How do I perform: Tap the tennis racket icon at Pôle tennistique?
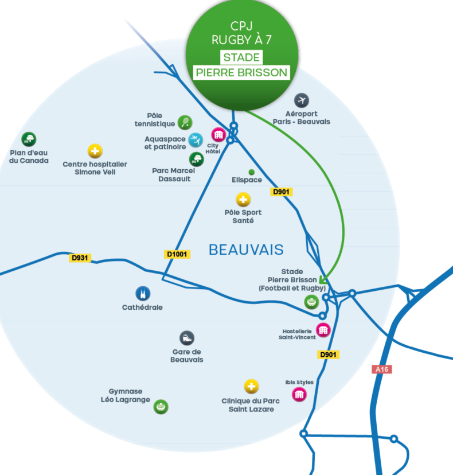pyautogui.click(x=185, y=122)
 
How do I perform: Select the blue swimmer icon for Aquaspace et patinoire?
pyautogui.click(x=196, y=140)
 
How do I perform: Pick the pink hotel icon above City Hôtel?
pyautogui.click(x=218, y=135)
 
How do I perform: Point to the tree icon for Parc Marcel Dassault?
pyautogui.click(x=197, y=159)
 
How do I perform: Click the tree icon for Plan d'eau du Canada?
pyautogui.click(x=28, y=139)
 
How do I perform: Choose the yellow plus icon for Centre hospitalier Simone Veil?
pyautogui.click(x=95, y=151)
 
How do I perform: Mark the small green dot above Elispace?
pyautogui.click(x=251, y=172)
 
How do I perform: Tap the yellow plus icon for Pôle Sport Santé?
pyautogui.click(x=244, y=200)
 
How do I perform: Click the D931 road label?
pyautogui.click(x=80, y=258)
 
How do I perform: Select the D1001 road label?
pyautogui.click(x=177, y=254)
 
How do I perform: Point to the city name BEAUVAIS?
pyautogui.click(x=246, y=250)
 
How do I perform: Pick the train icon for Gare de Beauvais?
pyautogui.click(x=186, y=338)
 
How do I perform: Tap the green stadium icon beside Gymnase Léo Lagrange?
pyautogui.click(x=161, y=407)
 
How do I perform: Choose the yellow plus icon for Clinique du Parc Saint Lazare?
pyautogui.click(x=251, y=386)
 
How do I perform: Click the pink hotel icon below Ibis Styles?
pyautogui.click(x=299, y=394)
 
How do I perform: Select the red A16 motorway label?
pyautogui.click(x=381, y=369)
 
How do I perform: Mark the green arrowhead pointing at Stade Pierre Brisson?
pyautogui.click(x=323, y=281)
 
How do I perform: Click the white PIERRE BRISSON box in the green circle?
pyautogui.click(x=241, y=72)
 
